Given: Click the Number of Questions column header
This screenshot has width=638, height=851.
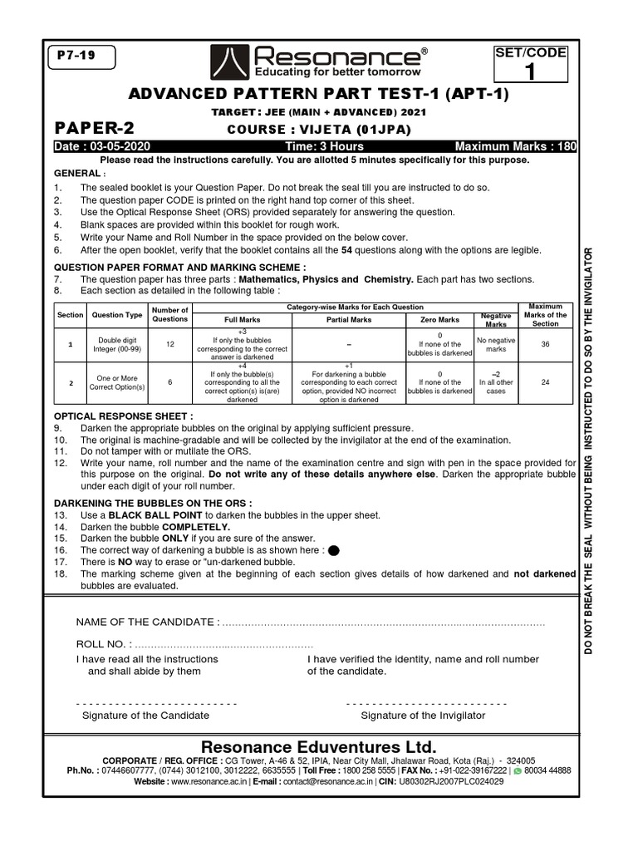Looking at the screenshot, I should tap(171, 315).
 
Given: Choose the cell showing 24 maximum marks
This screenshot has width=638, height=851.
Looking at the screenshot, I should tap(545, 382).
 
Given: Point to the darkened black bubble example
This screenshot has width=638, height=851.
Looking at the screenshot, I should tap(334, 550).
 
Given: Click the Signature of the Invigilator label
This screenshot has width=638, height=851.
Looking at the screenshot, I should tap(423, 716).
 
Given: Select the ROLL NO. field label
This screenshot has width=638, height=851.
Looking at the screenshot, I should tap(103, 644).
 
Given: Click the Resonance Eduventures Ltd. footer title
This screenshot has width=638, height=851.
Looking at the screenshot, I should tap(319, 745).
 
